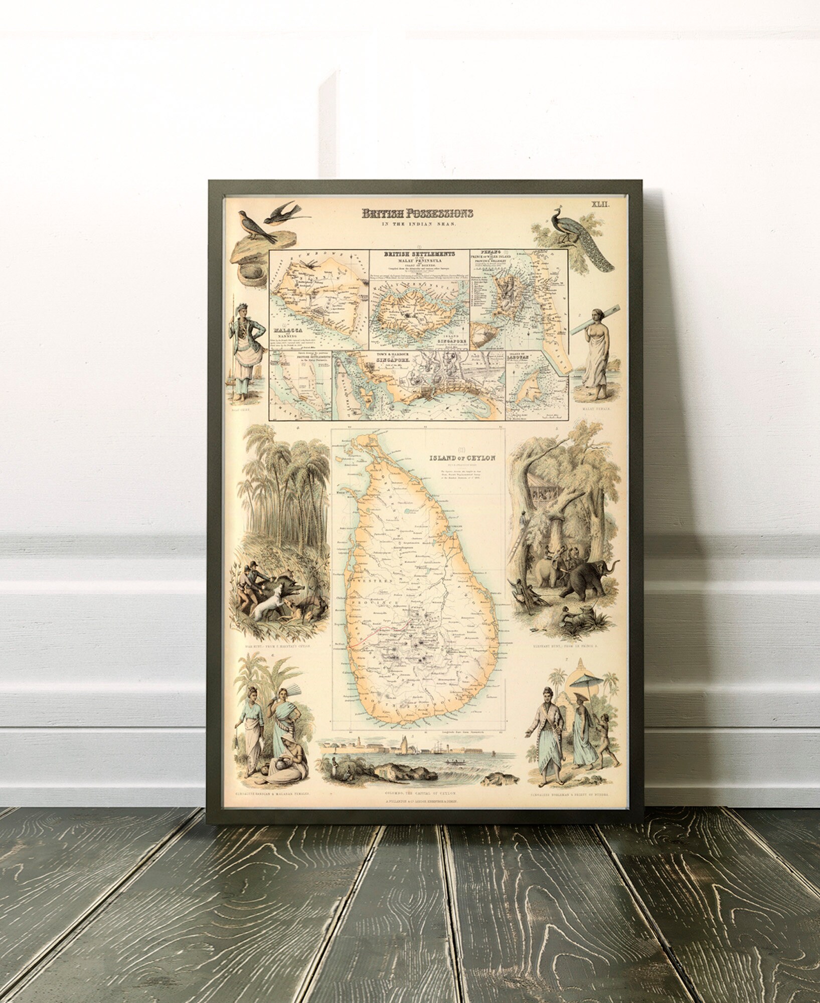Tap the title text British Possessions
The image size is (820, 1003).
(417, 214)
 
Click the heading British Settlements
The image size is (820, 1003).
(419, 255)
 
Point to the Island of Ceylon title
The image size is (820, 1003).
(460, 457)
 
